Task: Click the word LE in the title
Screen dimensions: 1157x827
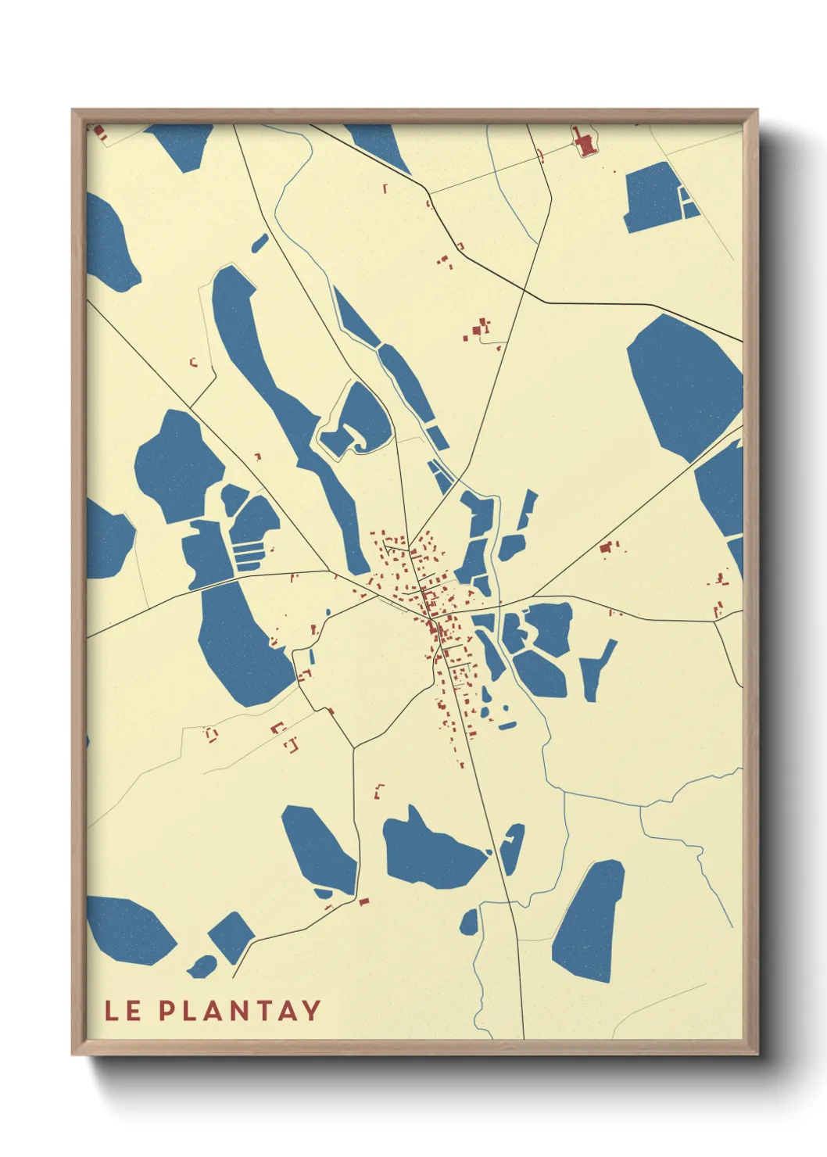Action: tap(123, 1011)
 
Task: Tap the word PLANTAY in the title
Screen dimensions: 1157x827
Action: tap(240, 1011)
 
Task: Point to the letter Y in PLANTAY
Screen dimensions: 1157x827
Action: tap(311, 1011)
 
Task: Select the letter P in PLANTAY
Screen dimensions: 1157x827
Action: tap(167, 1011)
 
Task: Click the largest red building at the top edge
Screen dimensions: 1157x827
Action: tap(583, 144)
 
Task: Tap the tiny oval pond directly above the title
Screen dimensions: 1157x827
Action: tap(201, 966)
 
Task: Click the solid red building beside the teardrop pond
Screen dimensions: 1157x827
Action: tap(363, 901)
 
